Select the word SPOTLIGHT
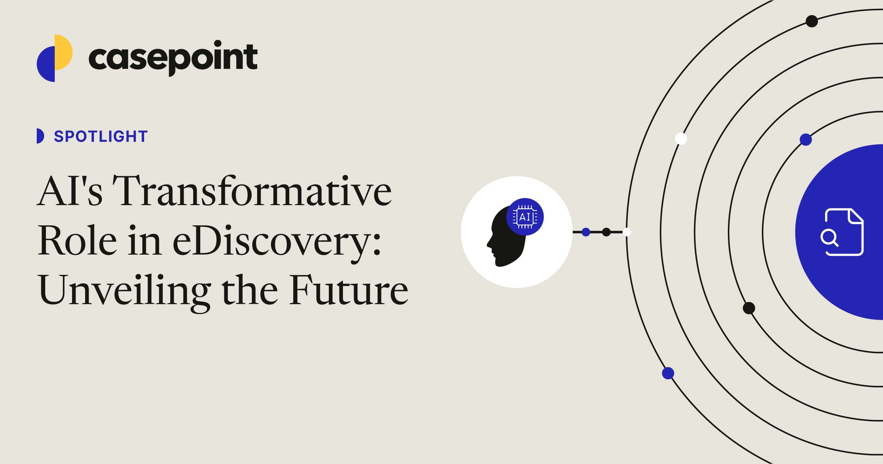(101, 137)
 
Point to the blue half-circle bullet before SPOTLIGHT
(40, 136)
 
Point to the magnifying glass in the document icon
(829, 237)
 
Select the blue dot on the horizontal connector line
(586, 232)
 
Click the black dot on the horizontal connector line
(606, 232)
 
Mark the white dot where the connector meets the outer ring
(627, 232)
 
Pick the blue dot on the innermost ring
(806, 139)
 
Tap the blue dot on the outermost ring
(668, 373)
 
